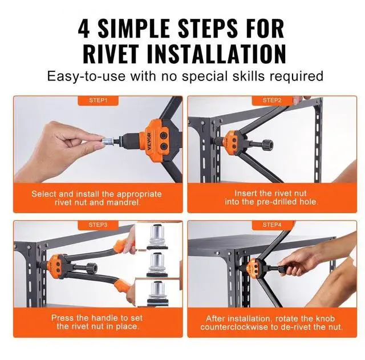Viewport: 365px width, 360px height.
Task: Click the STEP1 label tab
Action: [98, 100]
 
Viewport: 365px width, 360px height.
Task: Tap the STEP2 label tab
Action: [272, 100]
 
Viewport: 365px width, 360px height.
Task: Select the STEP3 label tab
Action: [98, 225]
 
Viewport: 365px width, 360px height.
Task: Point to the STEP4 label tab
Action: [272, 225]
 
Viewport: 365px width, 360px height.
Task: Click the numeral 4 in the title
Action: [84, 29]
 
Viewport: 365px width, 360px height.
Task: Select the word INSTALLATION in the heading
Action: [217, 54]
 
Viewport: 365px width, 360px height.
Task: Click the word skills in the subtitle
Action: [249, 76]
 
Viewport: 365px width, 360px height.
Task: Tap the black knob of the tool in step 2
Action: [267, 145]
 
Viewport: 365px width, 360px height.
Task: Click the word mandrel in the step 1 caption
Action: [123, 203]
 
